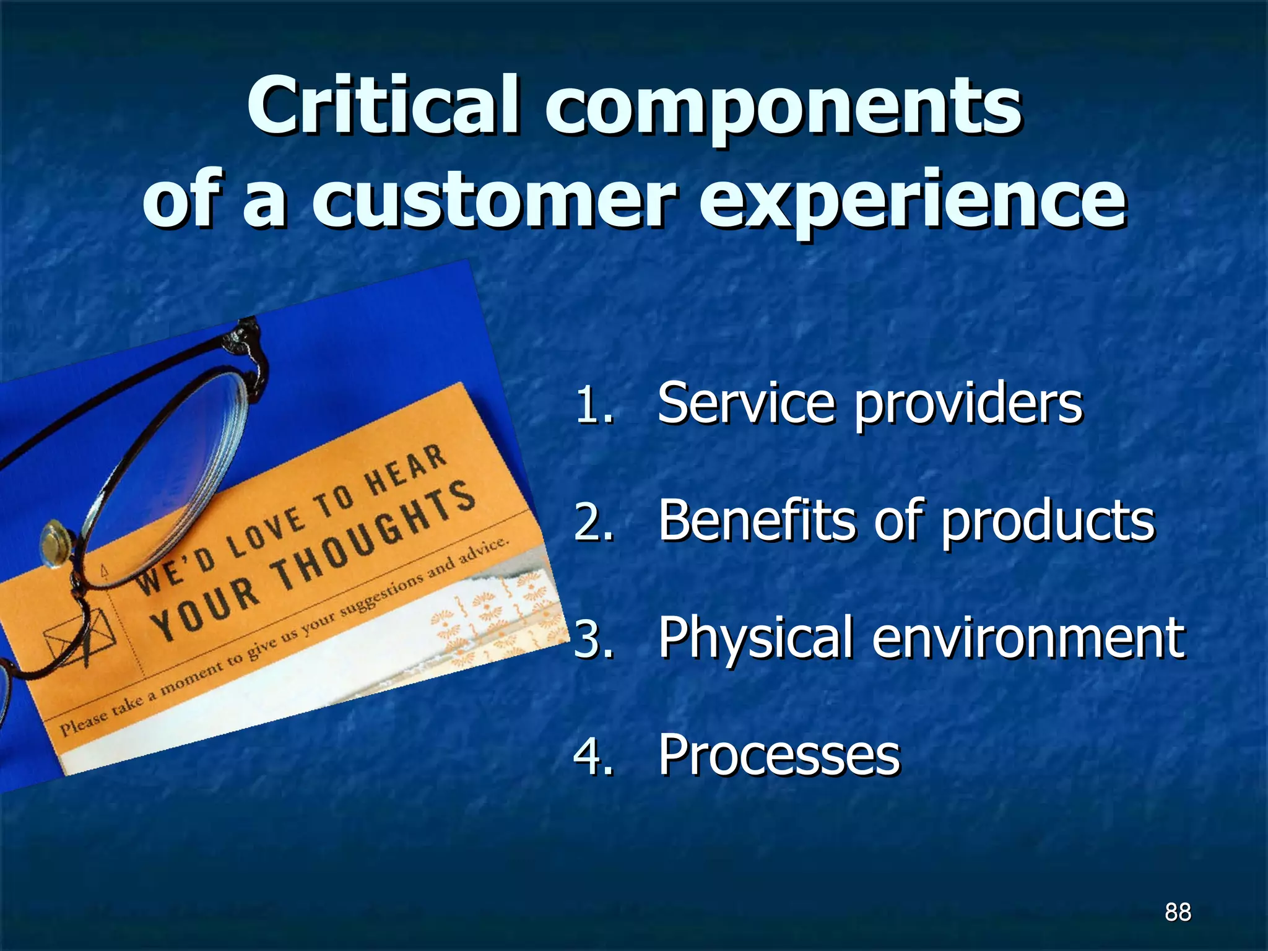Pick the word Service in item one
pos(746,403)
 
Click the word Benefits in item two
pos(757,520)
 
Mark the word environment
pos(1028,638)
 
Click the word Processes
pos(779,755)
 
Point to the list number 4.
pos(593,756)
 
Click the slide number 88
pos(1178,912)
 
